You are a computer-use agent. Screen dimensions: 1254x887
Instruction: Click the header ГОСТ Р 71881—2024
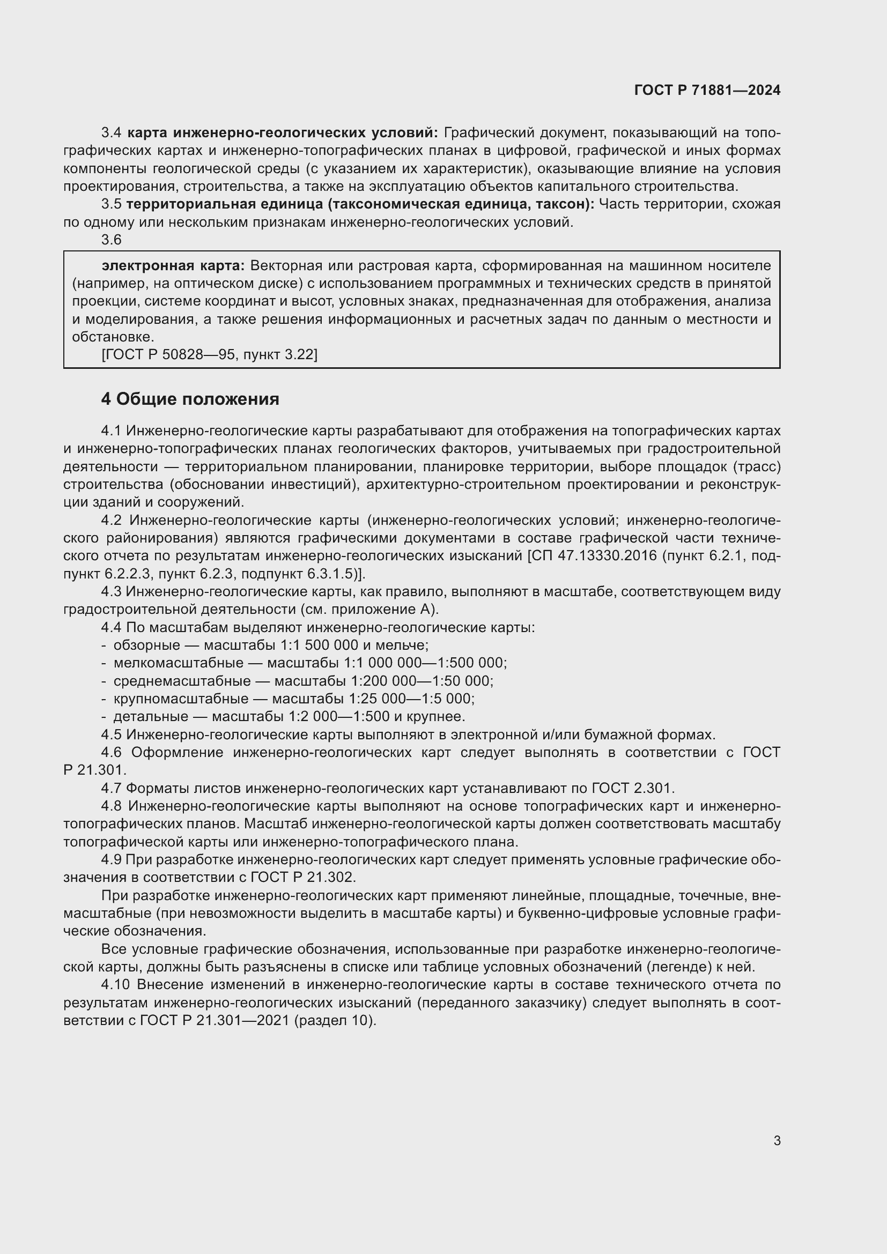707,91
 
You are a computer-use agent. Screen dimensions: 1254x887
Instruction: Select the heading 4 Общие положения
189,399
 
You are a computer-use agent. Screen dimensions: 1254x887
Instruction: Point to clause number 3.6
111,240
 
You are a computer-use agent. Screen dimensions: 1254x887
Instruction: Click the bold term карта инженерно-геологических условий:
283,133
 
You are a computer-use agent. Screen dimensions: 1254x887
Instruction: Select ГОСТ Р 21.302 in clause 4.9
302,877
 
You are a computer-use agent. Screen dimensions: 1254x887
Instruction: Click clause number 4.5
112,734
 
